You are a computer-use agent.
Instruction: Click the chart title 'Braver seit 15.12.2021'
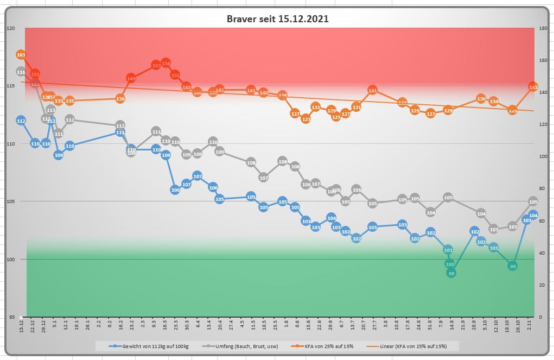pos(277,19)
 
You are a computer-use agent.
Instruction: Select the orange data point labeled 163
pos(21,55)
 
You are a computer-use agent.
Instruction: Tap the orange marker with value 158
pos(166,64)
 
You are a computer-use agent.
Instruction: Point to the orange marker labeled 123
pos(306,119)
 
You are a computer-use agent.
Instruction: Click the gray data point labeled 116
pos(21,72)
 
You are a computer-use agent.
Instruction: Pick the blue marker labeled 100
pos(449,264)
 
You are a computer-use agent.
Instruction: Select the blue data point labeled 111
pos(120,132)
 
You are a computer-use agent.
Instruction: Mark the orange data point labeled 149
pos(131,79)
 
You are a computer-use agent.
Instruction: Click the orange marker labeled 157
pos(156,66)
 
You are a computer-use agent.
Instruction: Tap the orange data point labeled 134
pos(493,102)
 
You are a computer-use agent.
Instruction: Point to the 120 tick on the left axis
pos(10,28)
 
